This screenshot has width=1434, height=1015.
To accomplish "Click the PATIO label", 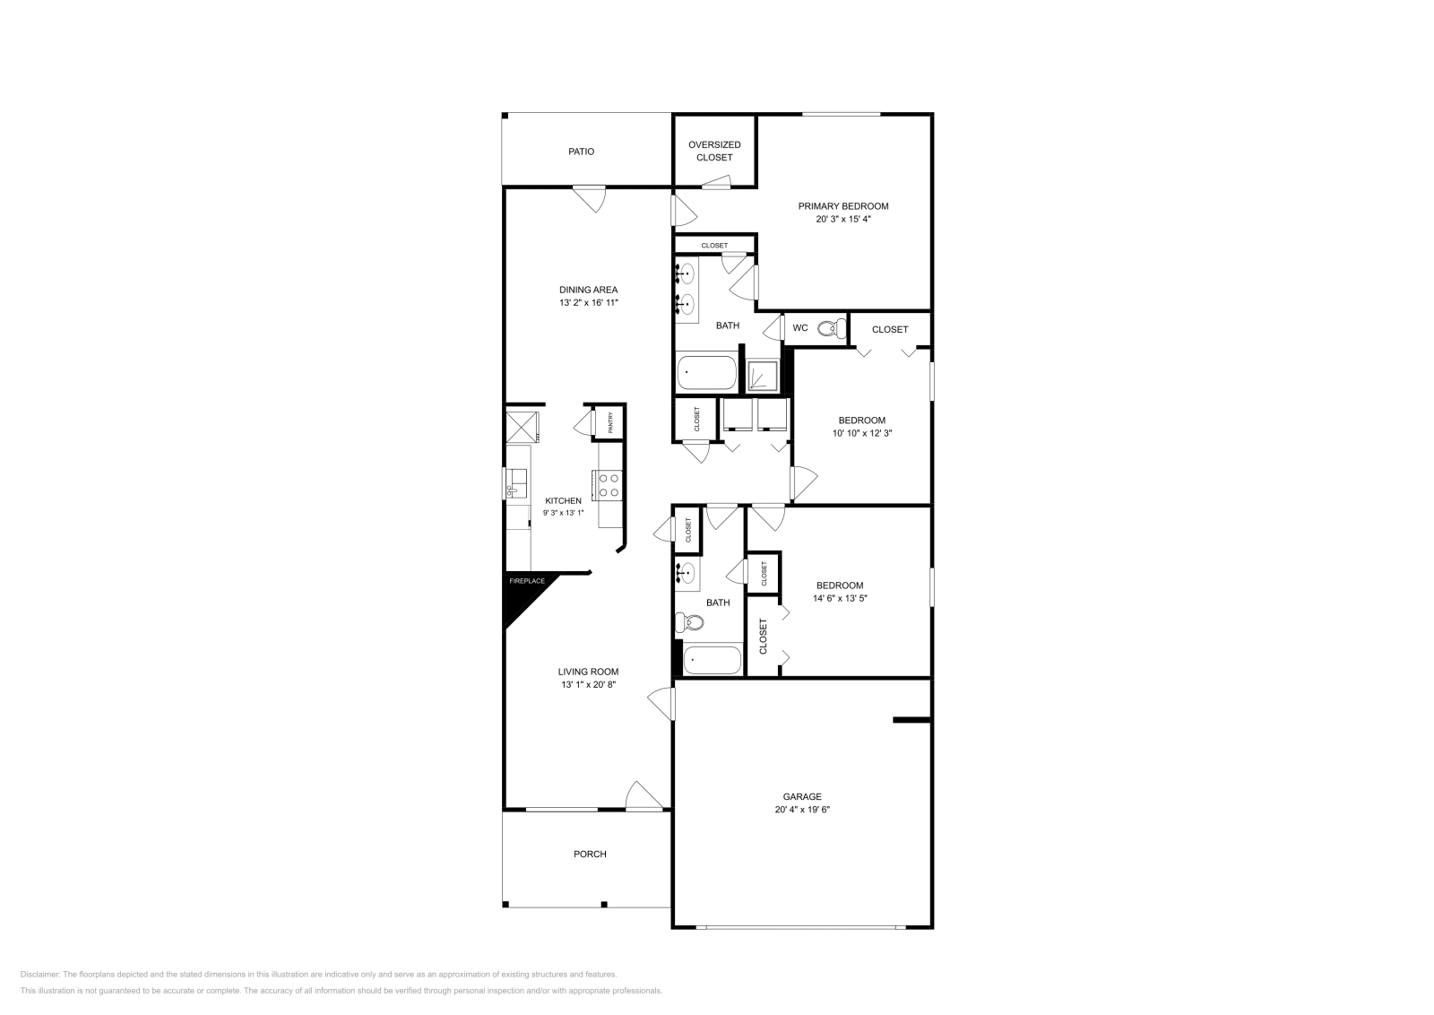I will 581,152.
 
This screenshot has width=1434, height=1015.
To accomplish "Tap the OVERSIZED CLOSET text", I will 714,151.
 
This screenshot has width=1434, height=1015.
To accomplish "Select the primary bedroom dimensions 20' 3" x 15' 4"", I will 843,219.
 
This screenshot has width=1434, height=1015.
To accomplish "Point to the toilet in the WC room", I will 831,329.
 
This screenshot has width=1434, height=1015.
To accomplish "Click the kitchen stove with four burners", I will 609,485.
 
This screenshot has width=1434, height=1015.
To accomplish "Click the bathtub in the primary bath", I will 705,371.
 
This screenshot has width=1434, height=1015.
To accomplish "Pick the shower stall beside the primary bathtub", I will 765,376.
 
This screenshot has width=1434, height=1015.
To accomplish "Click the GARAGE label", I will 802,796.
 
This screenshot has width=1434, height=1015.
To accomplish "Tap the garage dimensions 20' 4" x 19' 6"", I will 802,809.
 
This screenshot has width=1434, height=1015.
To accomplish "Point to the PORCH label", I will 590,854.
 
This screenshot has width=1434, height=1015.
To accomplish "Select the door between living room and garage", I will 661,702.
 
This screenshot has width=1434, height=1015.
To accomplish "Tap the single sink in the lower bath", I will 688,572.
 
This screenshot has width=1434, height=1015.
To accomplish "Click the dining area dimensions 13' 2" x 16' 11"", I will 589,303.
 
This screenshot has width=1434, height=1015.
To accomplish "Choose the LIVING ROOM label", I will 588,672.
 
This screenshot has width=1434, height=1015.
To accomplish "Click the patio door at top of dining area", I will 590,197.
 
